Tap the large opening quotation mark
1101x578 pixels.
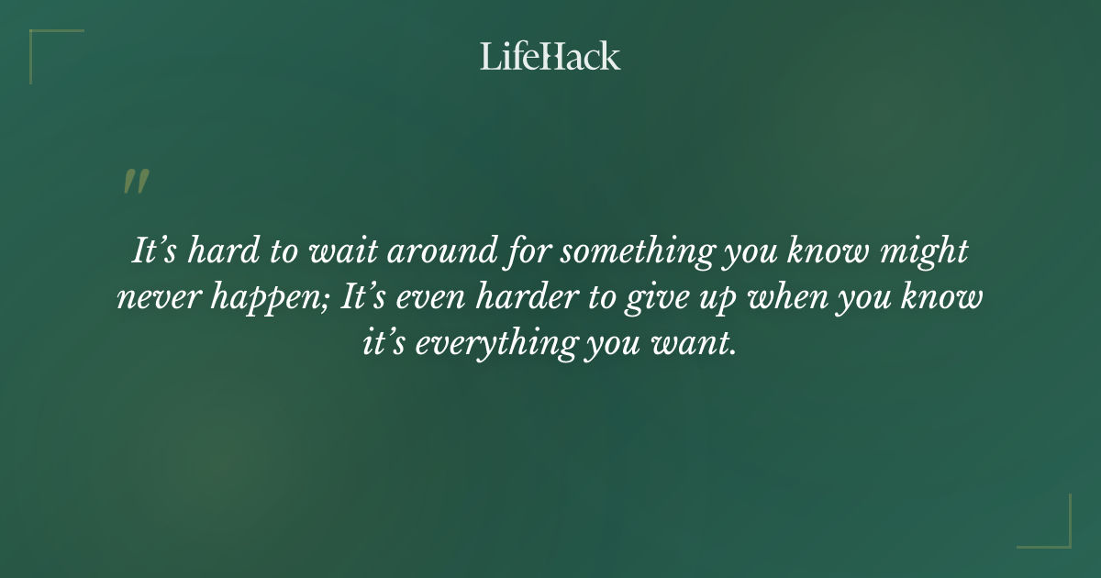(135, 182)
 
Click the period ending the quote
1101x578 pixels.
(734, 354)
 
